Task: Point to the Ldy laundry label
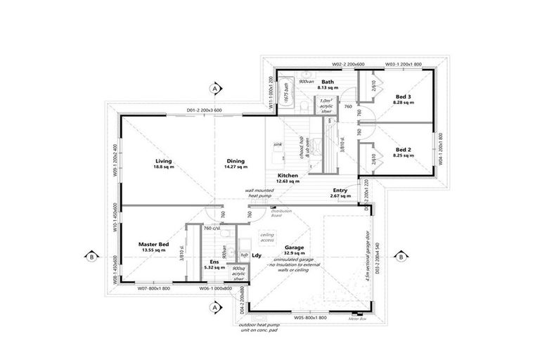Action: pyautogui.click(x=257, y=255)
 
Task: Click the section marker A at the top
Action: pyautogui.click(x=214, y=88)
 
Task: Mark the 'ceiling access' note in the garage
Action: pyautogui.click(x=267, y=237)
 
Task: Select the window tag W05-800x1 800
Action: pyautogui.click(x=307, y=318)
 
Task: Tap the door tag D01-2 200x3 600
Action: pyautogui.click(x=204, y=110)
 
